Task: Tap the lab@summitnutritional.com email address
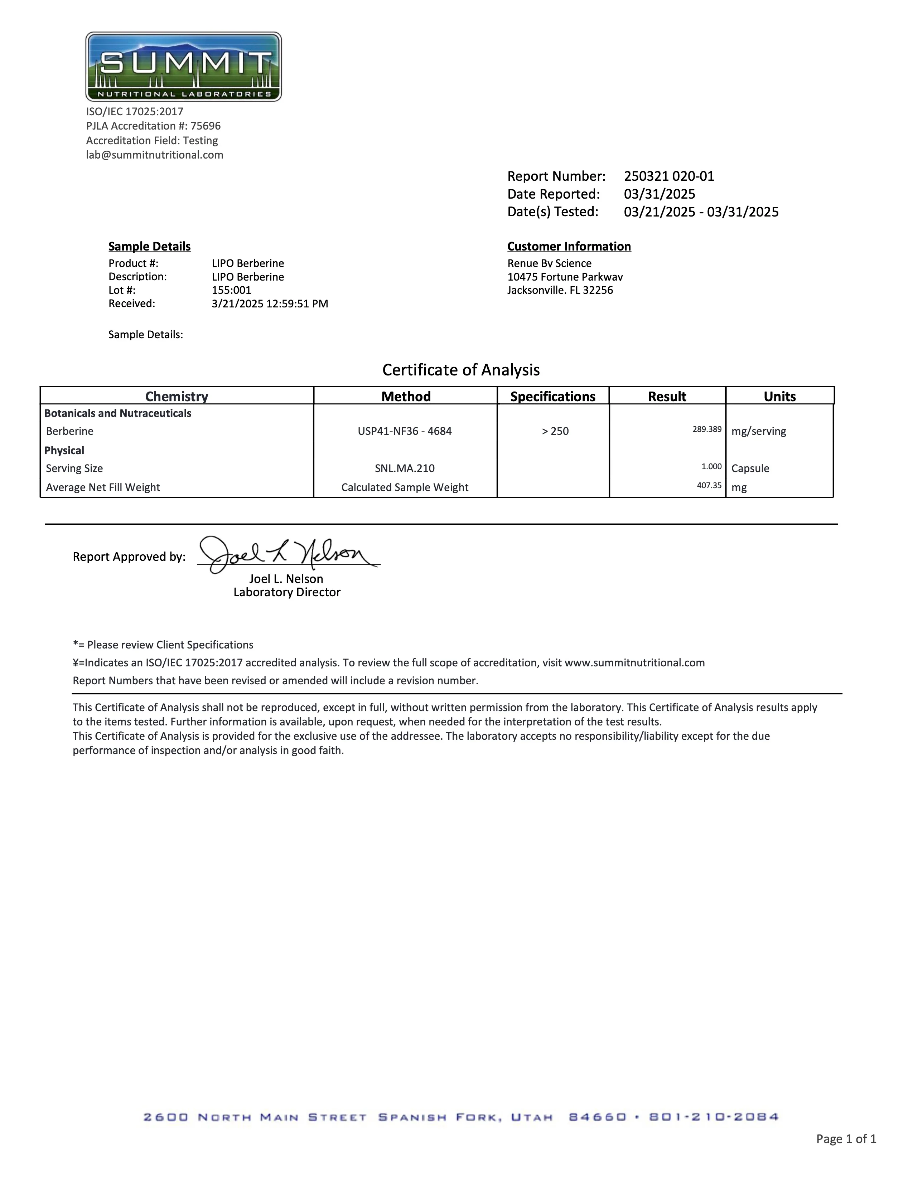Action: click(x=155, y=155)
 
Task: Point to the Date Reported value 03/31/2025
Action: click(x=659, y=194)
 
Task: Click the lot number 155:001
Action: click(x=232, y=290)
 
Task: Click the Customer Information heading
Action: click(x=569, y=247)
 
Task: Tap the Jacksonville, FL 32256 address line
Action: click(x=560, y=290)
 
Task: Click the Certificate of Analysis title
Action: click(x=461, y=370)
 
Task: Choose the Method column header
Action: click(x=406, y=397)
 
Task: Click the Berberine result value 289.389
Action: click(x=707, y=430)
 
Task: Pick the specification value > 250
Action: click(x=555, y=431)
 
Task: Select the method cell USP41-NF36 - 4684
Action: click(x=405, y=431)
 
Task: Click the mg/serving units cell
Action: click(x=758, y=431)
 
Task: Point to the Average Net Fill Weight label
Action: click(x=103, y=487)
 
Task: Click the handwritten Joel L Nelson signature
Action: click(x=287, y=554)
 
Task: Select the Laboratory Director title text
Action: click(x=287, y=592)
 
